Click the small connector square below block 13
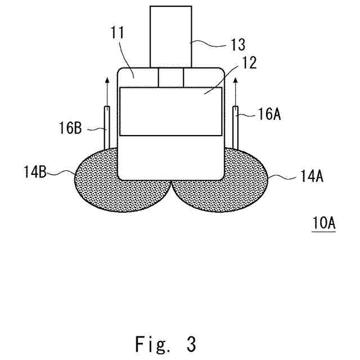(171, 77)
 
